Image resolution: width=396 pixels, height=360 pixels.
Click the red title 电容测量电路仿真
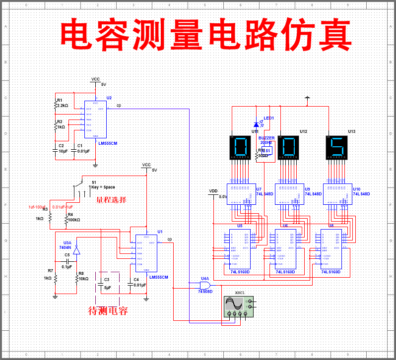pyautogui.click(x=205, y=35)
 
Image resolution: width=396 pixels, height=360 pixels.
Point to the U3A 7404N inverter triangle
pyautogui.click(x=76, y=251)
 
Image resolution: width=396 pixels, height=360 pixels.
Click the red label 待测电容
pyautogui.click(x=108, y=311)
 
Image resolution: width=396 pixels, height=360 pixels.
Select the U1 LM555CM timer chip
pyautogui.click(x=146, y=253)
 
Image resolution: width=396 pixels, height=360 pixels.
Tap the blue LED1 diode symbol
pyautogui.click(x=257, y=124)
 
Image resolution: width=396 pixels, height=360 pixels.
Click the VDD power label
pyautogui.click(x=213, y=191)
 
